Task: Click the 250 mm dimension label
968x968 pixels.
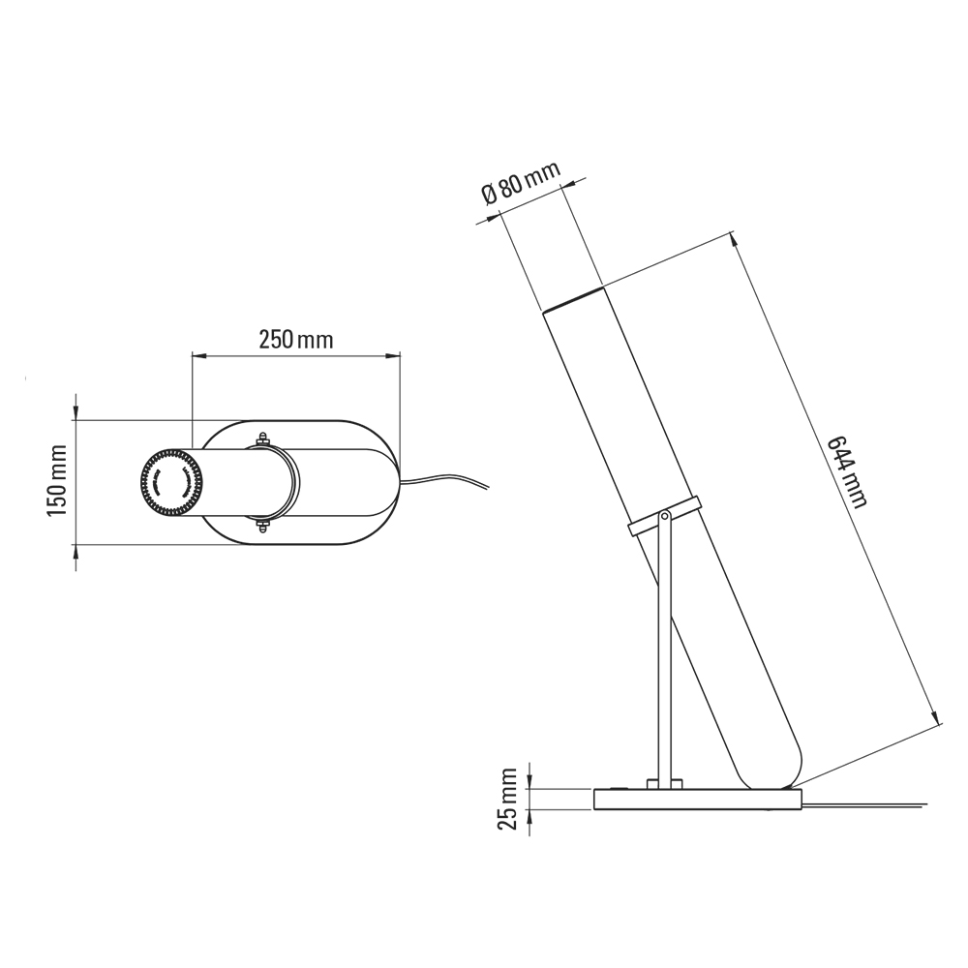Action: coord(295,340)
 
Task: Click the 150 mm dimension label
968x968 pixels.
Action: coord(57,481)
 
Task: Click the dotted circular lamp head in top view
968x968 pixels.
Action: coord(170,482)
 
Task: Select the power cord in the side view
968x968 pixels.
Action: coord(871,802)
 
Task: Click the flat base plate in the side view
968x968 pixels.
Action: coord(697,800)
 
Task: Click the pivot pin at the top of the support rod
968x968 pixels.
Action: coord(664,518)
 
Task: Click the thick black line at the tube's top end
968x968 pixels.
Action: coord(572,297)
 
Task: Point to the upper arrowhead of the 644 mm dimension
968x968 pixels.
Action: coord(734,237)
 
